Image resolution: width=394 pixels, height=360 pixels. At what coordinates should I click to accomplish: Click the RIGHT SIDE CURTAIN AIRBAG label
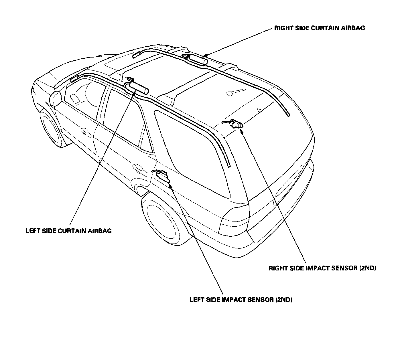[319, 28]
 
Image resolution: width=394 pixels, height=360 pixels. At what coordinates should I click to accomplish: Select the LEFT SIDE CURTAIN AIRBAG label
[69, 231]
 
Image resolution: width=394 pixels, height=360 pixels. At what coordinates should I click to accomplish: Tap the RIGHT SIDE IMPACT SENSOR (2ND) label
[322, 268]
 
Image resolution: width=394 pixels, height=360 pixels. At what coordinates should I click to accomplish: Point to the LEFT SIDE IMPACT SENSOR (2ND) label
[241, 300]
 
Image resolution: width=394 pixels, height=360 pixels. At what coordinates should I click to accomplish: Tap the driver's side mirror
[56, 98]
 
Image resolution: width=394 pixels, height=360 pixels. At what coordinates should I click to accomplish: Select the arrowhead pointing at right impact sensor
[241, 131]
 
